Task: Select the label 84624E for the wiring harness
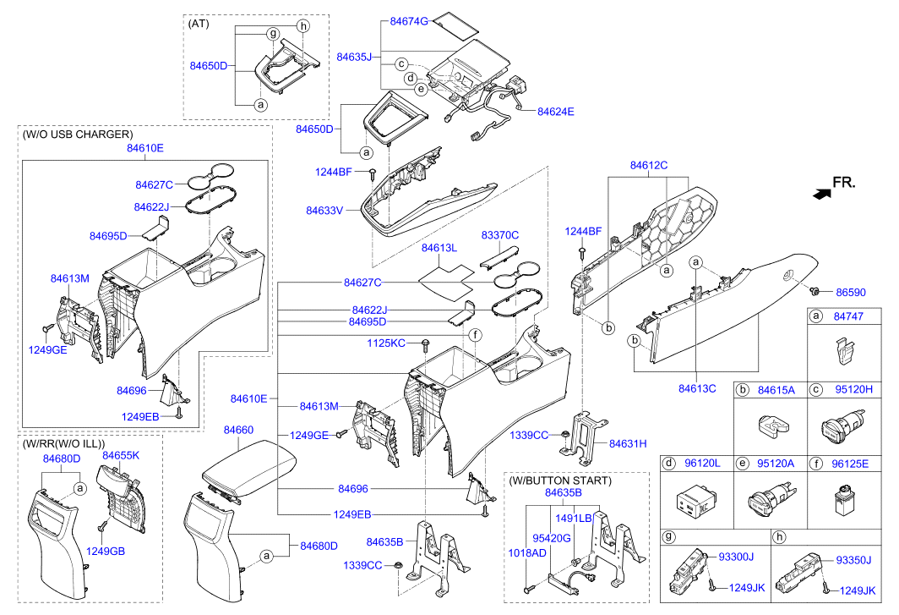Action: point(555,111)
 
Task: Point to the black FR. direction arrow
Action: point(819,194)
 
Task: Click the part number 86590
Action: point(851,292)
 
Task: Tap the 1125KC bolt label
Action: point(386,343)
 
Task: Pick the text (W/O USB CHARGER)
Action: point(78,134)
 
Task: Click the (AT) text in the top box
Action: point(199,23)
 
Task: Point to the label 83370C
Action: point(500,234)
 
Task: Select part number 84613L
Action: point(439,248)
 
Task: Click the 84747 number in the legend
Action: point(847,316)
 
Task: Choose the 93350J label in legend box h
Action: point(853,559)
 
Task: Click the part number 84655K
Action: point(121,455)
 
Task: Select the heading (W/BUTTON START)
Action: point(561,480)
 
